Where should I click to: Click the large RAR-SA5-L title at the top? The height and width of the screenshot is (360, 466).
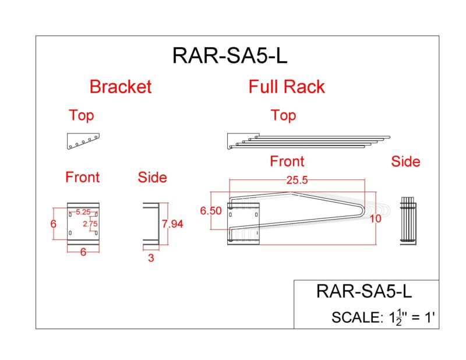click(x=230, y=57)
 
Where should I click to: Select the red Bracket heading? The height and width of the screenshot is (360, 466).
click(x=120, y=87)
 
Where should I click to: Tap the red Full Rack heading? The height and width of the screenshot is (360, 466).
click(x=287, y=87)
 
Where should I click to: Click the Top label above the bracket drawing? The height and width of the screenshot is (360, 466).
click(x=81, y=115)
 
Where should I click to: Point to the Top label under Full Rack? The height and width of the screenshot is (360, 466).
click(x=283, y=115)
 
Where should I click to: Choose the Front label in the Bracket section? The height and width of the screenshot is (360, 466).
click(x=82, y=177)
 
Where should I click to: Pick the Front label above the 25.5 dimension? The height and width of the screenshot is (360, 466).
click(x=287, y=161)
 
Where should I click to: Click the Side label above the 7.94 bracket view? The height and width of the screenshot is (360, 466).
click(x=152, y=177)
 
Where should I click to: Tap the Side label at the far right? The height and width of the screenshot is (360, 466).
click(x=405, y=161)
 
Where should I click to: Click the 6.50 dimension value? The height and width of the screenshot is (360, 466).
click(x=210, y=211)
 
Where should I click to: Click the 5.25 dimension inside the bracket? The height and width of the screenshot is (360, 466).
click(x=82, y=212)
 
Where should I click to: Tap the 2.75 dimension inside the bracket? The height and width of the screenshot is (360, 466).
click(x=90, y=223)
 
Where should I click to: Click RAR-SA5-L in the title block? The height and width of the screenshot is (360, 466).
click(x=363, y=291)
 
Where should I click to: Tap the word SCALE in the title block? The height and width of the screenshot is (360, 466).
click(x=355, y=317)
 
